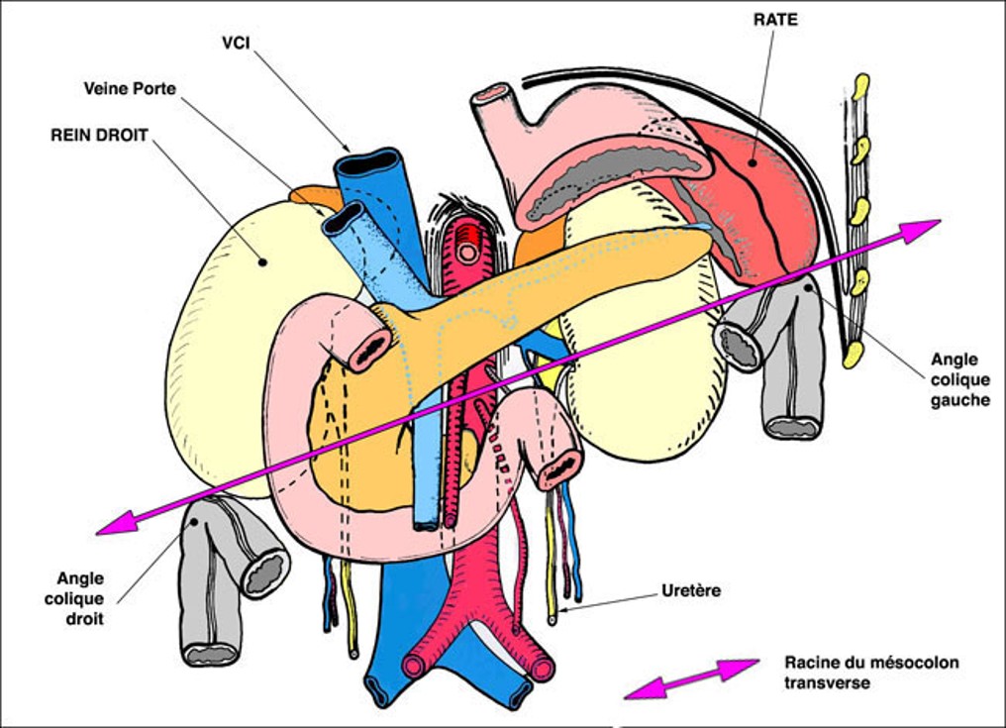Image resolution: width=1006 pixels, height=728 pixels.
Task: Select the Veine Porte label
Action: click(130, 89)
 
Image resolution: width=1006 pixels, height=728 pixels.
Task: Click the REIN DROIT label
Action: click(99, 135)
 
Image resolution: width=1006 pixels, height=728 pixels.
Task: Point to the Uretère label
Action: click(690, 591)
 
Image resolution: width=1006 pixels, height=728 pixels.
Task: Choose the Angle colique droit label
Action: click(80, 598)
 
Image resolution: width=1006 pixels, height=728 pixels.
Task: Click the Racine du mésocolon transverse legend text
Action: click(871, 673)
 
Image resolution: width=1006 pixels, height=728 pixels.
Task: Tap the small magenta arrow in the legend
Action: click(691, 678)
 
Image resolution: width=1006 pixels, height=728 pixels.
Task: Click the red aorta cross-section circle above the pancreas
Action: click(467, 253)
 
